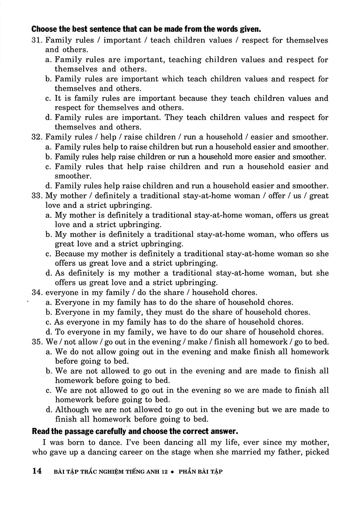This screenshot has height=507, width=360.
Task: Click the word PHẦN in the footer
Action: click(x=188, y=472)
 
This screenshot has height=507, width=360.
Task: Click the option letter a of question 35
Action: click(x=48, y=352)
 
